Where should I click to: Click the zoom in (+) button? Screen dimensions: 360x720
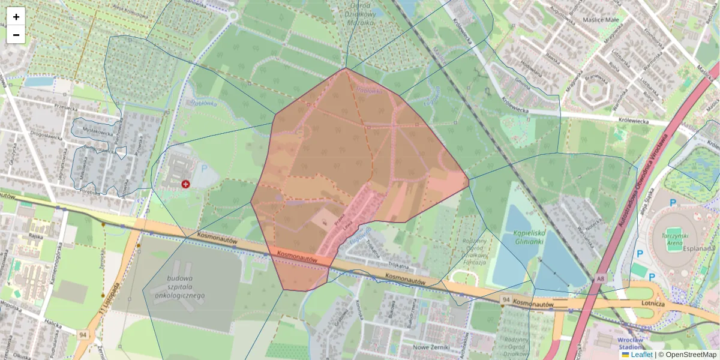coord(16,17)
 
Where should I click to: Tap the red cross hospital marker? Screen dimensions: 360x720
coord(185,184)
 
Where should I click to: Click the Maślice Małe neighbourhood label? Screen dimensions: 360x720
coord(600,19)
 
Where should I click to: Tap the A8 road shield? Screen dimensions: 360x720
coord(601,278)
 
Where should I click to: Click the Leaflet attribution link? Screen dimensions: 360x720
coord(641,355)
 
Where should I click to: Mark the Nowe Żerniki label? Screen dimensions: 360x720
coord(437,347)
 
